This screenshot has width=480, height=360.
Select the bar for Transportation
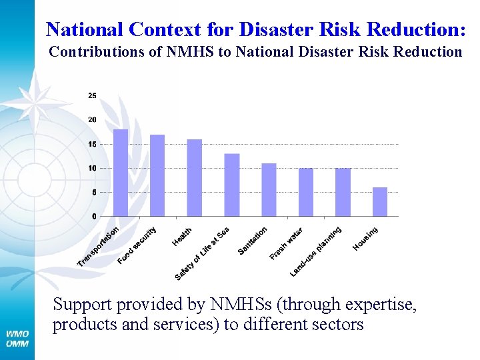click(x=121, y=173)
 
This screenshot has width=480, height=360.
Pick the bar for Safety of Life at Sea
click(x=232, y=185)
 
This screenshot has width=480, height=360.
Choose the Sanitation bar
click(x=269, y=189)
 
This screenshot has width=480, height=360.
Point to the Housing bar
click(x=380, y=201)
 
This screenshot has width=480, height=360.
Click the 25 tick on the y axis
click(x=92, y=96)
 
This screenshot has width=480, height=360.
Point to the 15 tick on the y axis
click(x=92, y=144)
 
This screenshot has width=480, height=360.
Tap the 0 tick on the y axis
click(x=94, y=216)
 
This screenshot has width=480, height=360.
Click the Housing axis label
click(x=365, y=239)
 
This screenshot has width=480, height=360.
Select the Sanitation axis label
click(x=253, y=240)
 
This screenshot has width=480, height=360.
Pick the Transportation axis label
click(x=98, y=246)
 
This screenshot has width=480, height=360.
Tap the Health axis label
click(x=182, y=235)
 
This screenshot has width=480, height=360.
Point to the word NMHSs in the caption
click(x=243, y=305)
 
